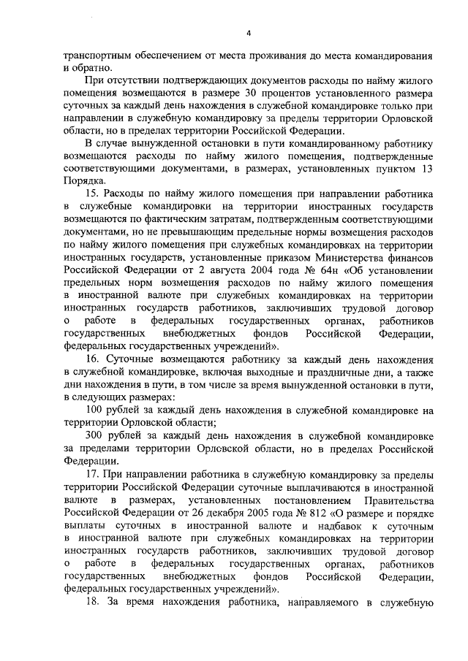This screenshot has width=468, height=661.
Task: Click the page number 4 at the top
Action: (x=249, y=33)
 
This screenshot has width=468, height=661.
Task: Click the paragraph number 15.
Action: (x=93, y=194)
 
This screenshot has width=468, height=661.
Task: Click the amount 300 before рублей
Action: (x=95, y=434)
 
